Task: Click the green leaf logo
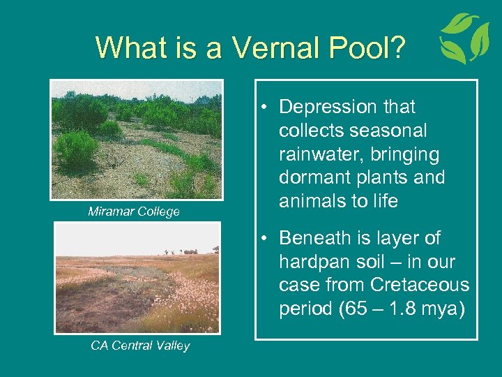[464, 38]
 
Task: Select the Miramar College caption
[133, 212]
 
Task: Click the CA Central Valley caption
[140, 346]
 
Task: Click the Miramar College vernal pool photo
[137, 140]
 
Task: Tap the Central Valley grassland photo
[137, 278]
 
